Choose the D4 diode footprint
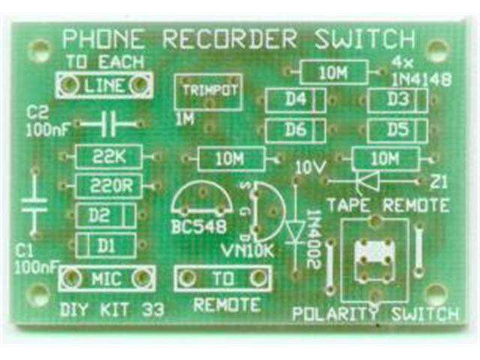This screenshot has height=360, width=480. click(296, 99)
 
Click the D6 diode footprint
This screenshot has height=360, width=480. click(296, 129)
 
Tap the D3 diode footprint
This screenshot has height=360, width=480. click(397, 99)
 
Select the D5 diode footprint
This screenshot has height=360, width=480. click(397, 129)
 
